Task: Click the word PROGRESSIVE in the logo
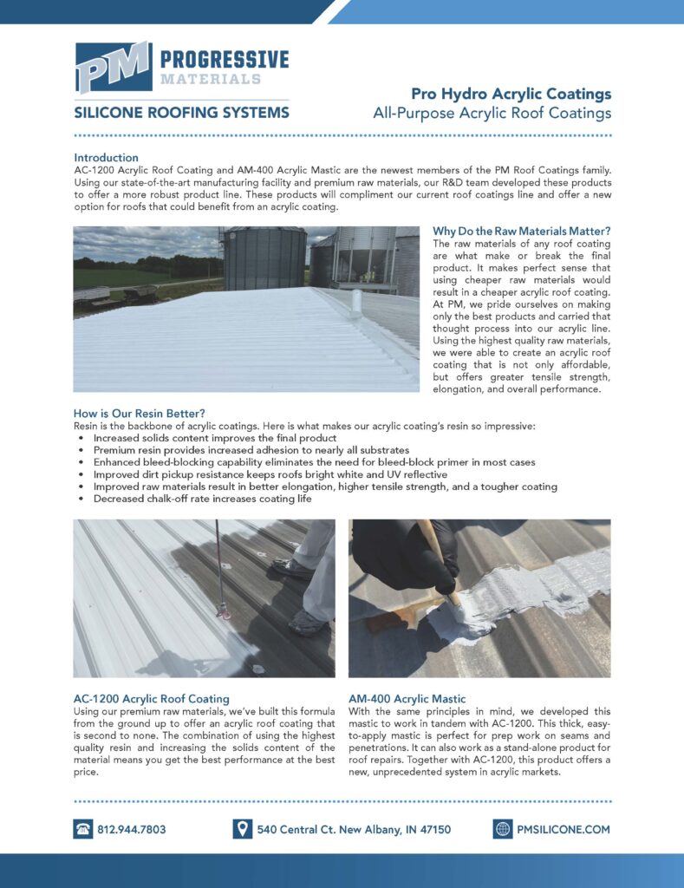(x=224, y=59)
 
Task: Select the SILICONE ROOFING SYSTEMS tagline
(x=181, y=113)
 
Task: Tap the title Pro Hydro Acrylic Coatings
(x=511, y=94)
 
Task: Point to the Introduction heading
(x=106, y=158)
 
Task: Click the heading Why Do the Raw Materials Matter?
(x=521, y=232)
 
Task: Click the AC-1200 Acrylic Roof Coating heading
(x=151, y=698)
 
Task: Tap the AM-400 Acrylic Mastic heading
(x=407, y=698)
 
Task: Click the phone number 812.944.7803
(x=131, y=829)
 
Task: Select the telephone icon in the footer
(x=83, y=829)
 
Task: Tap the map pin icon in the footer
(x=243, y=829)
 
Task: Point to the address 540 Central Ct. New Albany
(x=354, y=829)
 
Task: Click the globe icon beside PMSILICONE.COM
(x=503, y=829)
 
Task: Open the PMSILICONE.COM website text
(x=563, y=829)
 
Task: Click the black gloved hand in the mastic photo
(x=407, y=555)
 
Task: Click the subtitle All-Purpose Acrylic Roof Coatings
(x=492, y=113)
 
